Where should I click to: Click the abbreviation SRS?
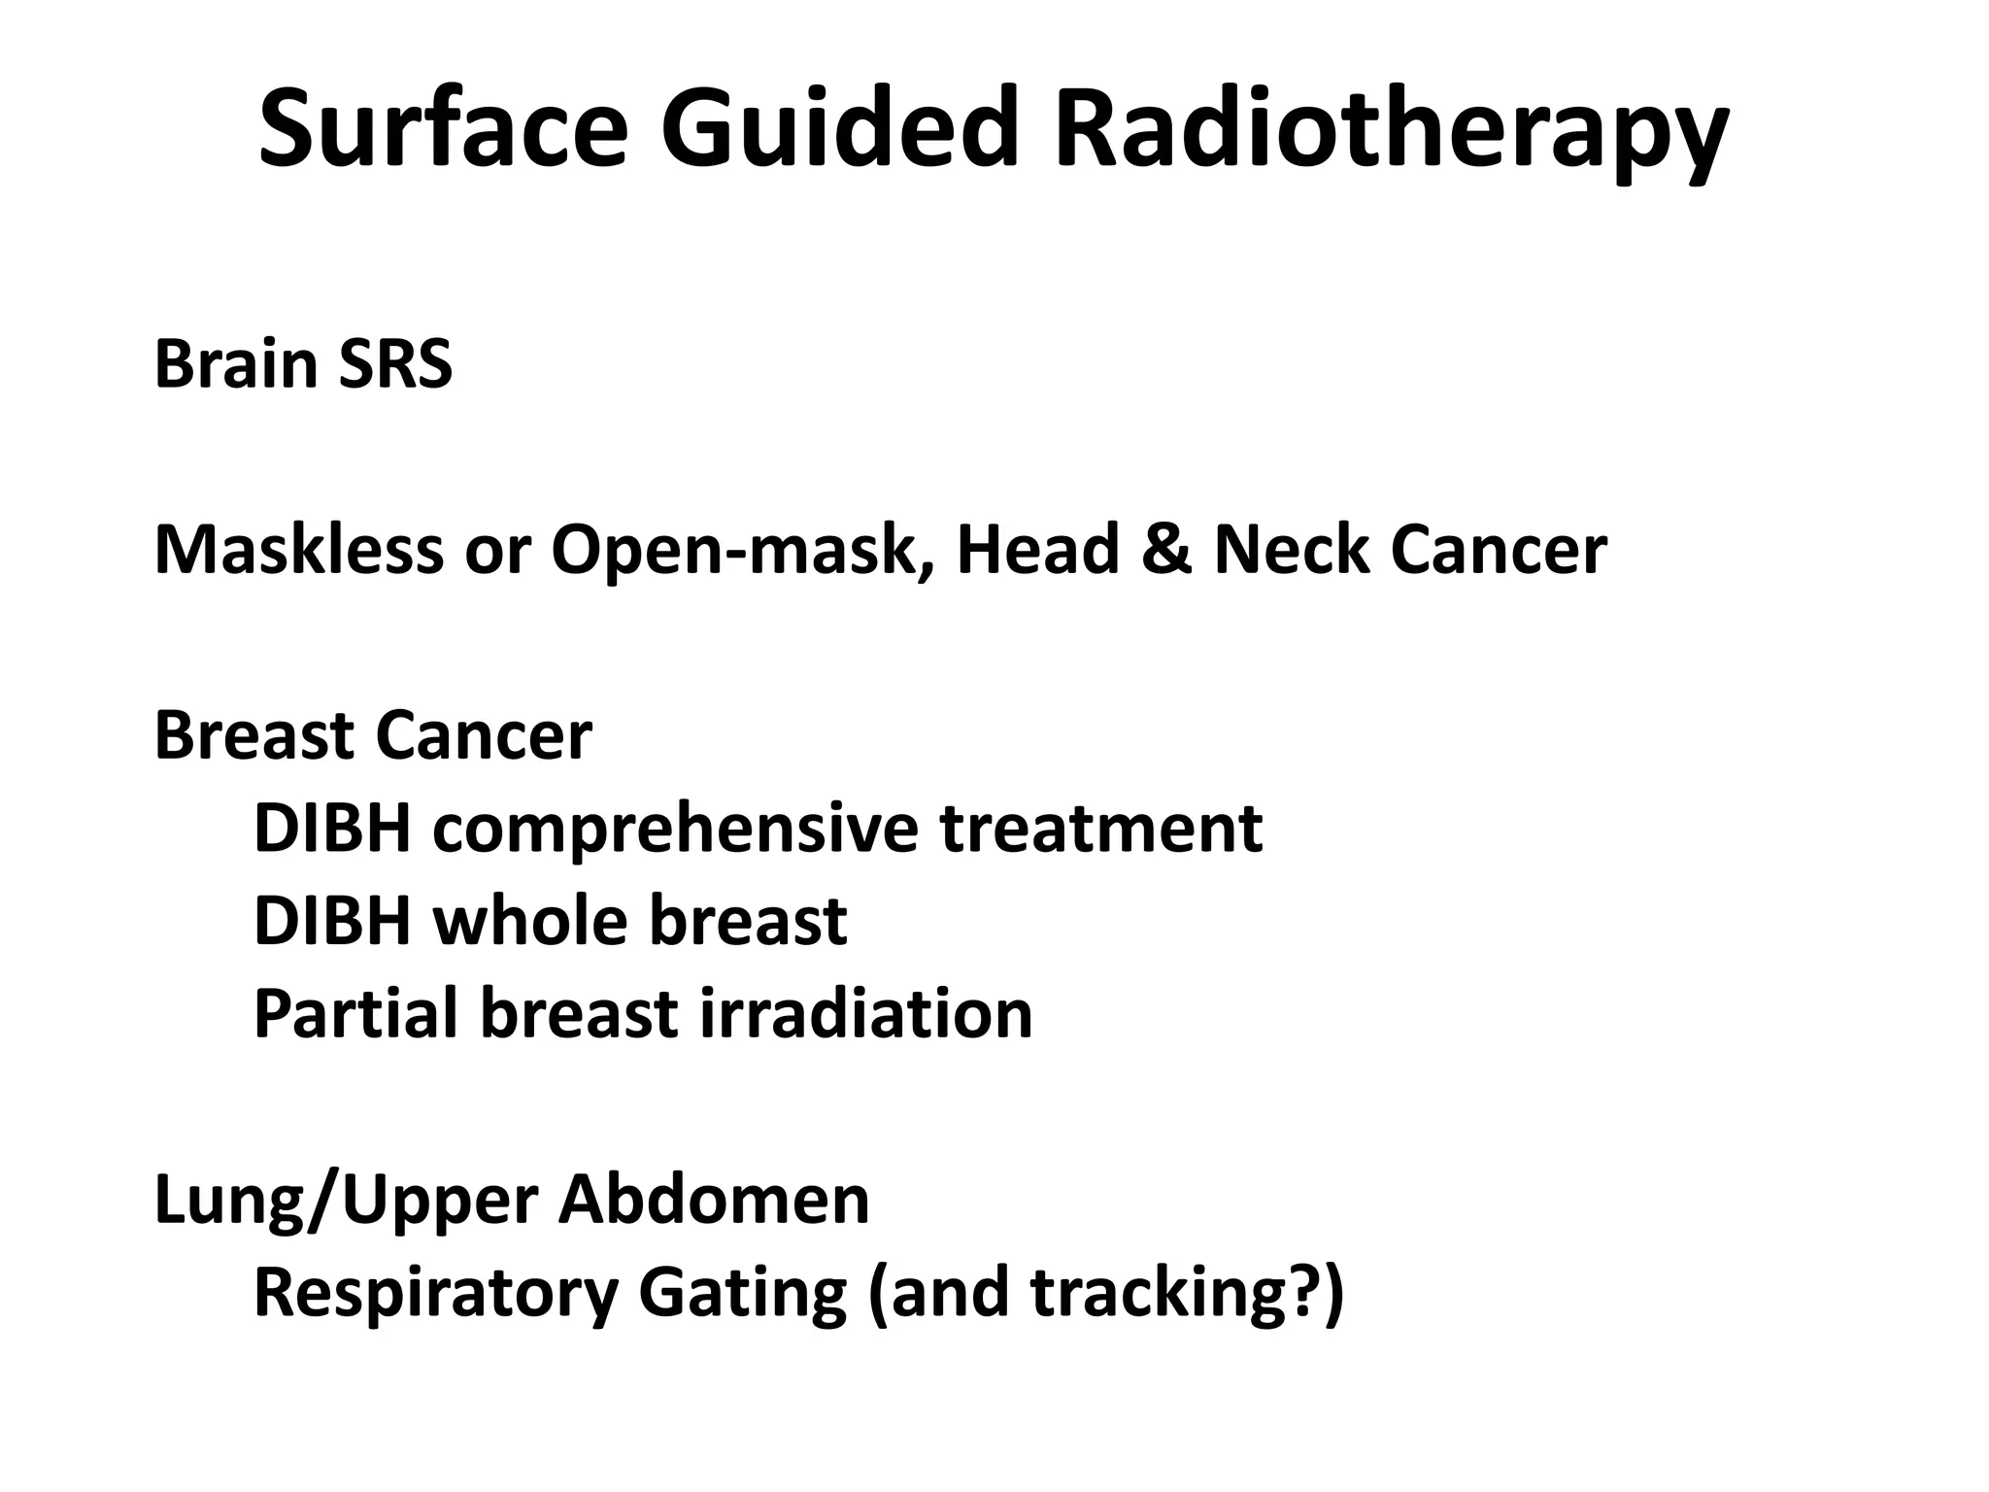[x=395, y=365]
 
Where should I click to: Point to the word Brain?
[x=236, y=365]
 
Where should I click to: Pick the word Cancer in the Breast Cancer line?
[x=483, y=735]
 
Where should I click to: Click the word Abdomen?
[x=714, y=1200]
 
